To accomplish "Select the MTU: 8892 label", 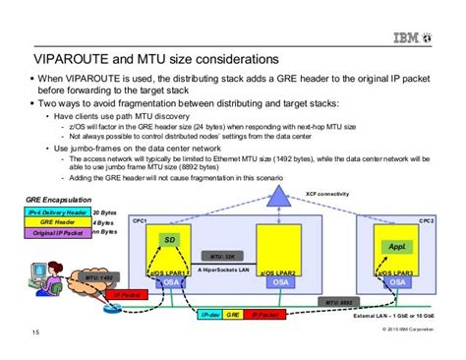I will [x=341, y=303].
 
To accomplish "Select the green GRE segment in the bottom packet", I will [x=233, y=315].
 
